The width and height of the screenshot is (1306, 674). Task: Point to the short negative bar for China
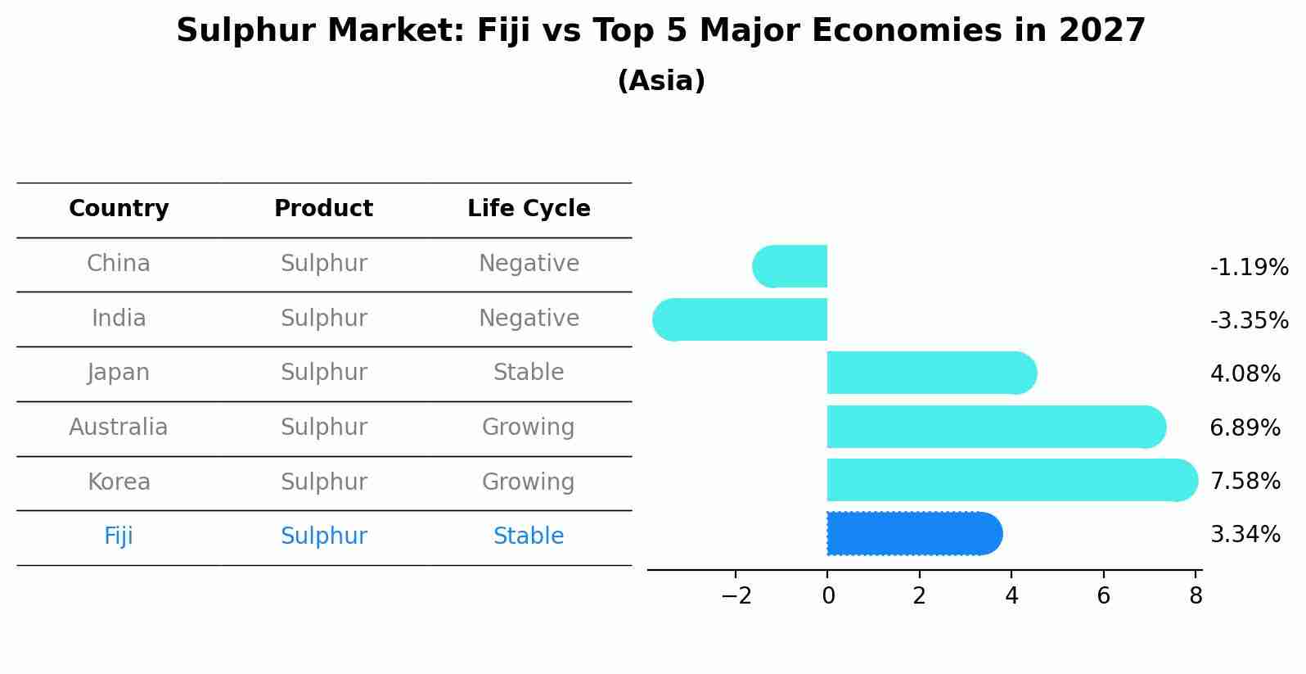(x=790, y=266)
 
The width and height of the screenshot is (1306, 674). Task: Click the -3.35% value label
(x=1249, y=320)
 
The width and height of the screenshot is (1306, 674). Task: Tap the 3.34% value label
(x=1245, y=535)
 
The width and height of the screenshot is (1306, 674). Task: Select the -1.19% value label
(x=1249, y=267)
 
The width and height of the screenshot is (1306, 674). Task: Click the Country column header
(x=119, y=209)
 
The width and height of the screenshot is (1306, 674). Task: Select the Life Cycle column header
(x=529, y=209)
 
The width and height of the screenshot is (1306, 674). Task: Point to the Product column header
(x=323, y=209)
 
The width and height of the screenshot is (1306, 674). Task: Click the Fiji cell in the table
(x=119, y=536)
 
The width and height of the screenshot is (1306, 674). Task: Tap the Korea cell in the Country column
(x=119, y=482)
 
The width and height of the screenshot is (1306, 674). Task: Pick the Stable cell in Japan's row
(x=529, y=373)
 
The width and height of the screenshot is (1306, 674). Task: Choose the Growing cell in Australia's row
(x=529, y=427)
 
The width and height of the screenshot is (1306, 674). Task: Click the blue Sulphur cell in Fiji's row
(x=323, y=536)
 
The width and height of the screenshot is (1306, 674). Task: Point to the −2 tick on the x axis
(x=736, y=595)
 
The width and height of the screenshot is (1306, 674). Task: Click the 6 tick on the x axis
(x=1103, y=595)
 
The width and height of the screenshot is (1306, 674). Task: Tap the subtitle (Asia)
(x=661, y=81)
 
